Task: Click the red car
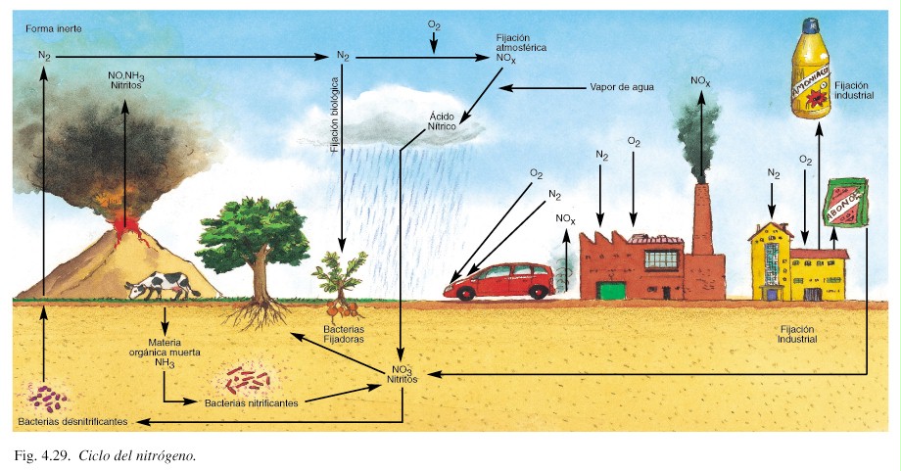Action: [x=498, y=281]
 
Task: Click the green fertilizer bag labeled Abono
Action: [x=846, y=203]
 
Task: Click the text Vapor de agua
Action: [x=621, y=87]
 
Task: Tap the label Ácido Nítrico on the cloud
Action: [x=443, y=120]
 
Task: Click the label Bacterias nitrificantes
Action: [x=253, y=401]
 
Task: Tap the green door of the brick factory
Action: [x=611, y=289]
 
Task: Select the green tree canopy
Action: [x=253, y=235]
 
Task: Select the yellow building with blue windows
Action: [x=772, y=262]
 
